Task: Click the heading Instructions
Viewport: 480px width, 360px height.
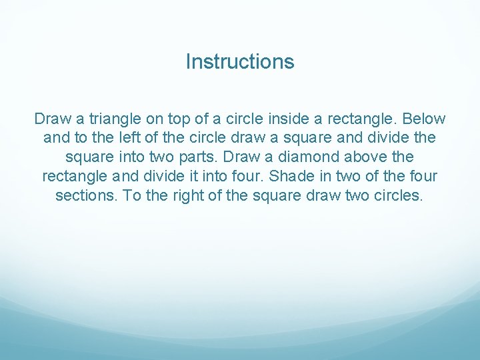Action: click(x=240, y=62)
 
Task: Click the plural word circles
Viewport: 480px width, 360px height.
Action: click(x=399, y=197)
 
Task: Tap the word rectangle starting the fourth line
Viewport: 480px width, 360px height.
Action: click(x=75, y=177)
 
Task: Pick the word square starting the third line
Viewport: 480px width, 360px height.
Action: click(x=89, y=158)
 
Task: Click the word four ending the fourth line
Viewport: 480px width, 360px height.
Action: click(x=423, y=177)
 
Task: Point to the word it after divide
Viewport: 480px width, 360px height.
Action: click(x=189, y=177)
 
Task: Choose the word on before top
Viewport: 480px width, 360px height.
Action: click(x=152, y=119)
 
